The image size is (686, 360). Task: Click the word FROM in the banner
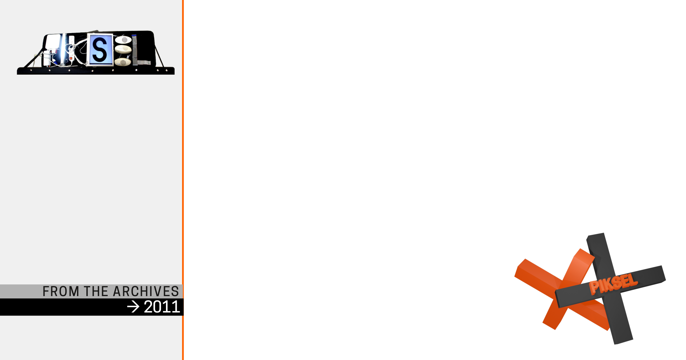tap(61, 291)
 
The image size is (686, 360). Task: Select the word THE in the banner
tap(96, 291)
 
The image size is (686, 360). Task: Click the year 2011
tap(162, 307)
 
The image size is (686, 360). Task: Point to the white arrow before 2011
tap(133, 307)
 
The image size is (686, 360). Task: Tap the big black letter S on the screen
tap(99, 50)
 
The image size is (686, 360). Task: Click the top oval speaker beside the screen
tap(123, 40)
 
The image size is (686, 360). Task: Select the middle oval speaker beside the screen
tap(123, 49)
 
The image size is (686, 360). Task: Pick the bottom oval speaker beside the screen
tap(122, 62)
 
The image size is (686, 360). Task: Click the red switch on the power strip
tap(71, 59)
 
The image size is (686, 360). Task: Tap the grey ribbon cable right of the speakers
tap(135, 50)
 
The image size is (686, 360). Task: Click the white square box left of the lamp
tap(53, 41)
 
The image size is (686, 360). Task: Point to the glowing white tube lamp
tap(63, 49)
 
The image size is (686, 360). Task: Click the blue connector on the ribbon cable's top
tap(135, 35)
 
